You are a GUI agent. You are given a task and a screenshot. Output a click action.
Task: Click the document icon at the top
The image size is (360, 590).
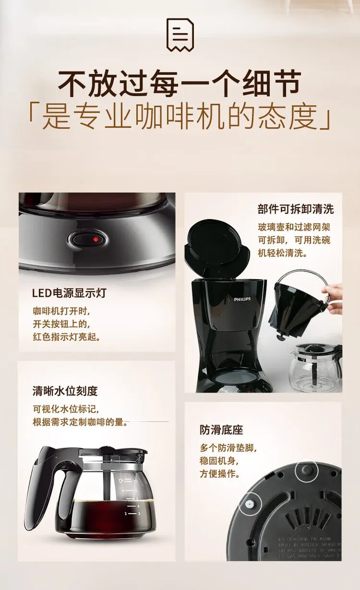coord(180,34)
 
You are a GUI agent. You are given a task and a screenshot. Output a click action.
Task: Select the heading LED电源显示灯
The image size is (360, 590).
coord(69,293)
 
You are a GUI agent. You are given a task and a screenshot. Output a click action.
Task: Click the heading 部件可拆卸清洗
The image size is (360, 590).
coord(296,209)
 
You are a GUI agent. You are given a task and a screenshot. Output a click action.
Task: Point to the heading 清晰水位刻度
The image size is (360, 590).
coord(65,391)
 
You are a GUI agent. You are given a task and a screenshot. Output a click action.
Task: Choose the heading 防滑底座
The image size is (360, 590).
coord(221,430)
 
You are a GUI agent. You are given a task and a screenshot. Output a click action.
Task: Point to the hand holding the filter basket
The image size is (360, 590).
coord(333,298)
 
